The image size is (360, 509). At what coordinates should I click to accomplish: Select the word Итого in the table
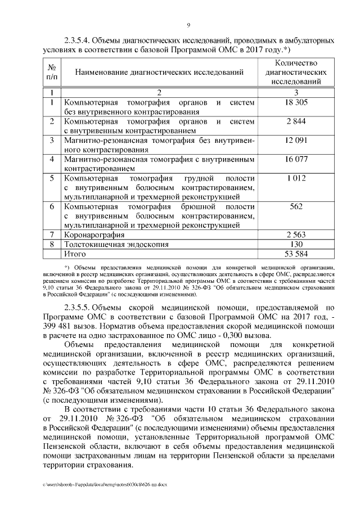click(75, 254)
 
